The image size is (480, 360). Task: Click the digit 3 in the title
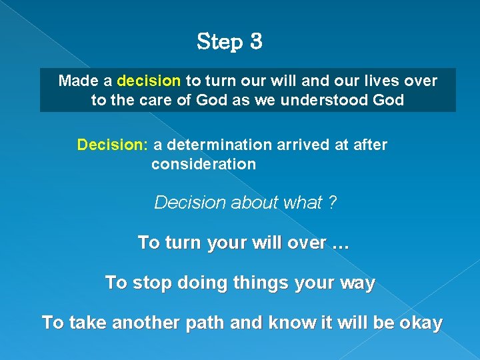[255, 42]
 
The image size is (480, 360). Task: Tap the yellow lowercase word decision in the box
[149, 81]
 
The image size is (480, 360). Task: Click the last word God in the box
[389, 100]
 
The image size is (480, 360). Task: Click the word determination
[213, 145]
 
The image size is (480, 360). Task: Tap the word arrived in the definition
[308, 145]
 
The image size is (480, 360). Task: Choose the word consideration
[203, 164]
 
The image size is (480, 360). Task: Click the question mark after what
[332, 203]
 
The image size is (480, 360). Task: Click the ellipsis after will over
[340, 243]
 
